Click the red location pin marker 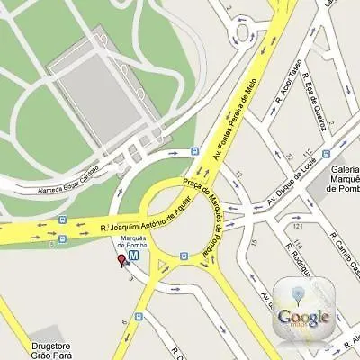pyautogui.click(x=121, y=262)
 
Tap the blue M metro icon pyautogui.click(x=134, y=256)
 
